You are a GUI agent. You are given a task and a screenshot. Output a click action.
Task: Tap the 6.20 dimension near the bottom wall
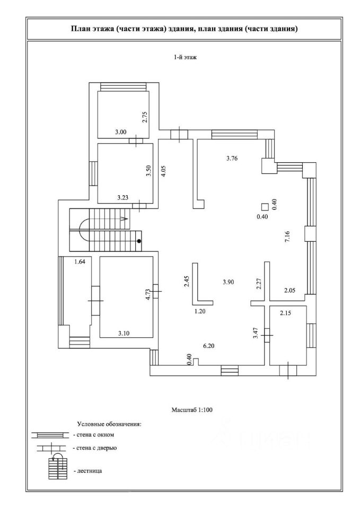coord(209,346)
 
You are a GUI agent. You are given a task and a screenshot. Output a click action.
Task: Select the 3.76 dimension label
coord(232,159)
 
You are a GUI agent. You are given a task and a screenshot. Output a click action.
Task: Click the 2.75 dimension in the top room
coord(145,117)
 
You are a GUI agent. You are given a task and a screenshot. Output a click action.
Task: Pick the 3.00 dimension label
coord(121,132)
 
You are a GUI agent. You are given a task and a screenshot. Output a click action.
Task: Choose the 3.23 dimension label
coord(124,197)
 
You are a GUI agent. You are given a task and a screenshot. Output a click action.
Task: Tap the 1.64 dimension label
coord(80,261)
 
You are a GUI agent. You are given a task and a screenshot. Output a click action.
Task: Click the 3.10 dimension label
coord(124,333)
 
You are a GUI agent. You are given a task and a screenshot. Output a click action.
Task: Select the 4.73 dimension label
coord(148,293)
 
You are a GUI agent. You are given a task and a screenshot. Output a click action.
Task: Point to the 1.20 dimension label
coord(200,311)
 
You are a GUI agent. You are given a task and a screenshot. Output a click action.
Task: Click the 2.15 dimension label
coord(286,313)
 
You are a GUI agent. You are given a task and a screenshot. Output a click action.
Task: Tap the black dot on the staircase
coord(139,241)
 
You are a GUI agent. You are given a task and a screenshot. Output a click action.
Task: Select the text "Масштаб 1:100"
coord(192,410)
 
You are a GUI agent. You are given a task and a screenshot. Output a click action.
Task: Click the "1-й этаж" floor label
coord(186,57)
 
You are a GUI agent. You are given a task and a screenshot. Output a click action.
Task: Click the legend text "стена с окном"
coord(95,435)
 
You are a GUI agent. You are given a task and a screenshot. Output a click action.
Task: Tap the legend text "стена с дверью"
coord(96,448)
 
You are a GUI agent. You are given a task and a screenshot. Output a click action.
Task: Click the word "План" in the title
coord(79,29)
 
